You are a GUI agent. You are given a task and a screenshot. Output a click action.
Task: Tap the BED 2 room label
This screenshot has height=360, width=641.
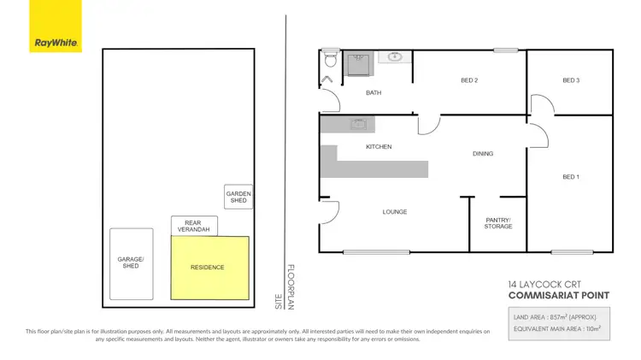[468, 80]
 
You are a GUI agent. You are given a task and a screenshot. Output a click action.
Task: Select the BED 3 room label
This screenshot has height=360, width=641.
[570, 80]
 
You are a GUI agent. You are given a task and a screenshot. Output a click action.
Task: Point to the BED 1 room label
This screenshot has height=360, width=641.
[570, 176]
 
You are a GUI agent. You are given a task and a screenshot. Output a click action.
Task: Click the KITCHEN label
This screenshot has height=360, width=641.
[379, 147]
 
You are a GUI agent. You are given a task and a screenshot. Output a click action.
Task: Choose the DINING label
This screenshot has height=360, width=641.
[483, 154]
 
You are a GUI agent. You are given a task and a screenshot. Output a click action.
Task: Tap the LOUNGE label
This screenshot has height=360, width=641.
[395, 211]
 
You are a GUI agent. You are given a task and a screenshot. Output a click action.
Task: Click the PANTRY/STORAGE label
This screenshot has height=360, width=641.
[498, 222]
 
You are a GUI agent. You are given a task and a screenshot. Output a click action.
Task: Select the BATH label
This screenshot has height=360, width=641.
[373, 92]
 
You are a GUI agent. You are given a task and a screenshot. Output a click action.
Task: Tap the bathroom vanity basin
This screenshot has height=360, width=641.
[395, 57]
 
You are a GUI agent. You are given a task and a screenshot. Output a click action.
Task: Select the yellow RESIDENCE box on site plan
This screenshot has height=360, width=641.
[209, 268]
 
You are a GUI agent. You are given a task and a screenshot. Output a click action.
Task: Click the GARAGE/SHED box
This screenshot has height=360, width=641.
[132, 263]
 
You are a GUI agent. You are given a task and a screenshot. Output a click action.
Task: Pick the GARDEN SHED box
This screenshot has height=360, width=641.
[238, 198]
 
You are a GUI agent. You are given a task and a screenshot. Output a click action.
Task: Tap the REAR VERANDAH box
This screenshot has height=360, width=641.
[194, 226]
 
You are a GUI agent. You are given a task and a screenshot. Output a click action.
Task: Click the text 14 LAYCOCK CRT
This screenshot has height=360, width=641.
[542, 285]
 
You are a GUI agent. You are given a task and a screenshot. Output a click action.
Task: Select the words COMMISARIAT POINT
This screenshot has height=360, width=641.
[559, 296]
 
